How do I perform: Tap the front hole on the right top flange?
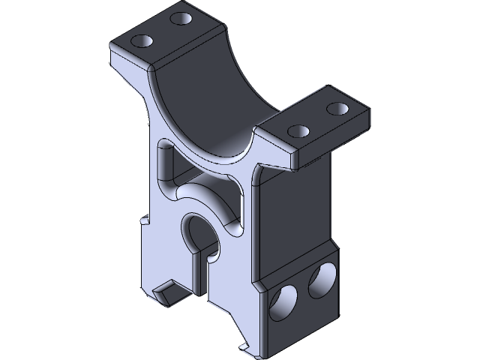[x=298, y=131]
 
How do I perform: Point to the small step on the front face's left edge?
[x=143, y=222]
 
